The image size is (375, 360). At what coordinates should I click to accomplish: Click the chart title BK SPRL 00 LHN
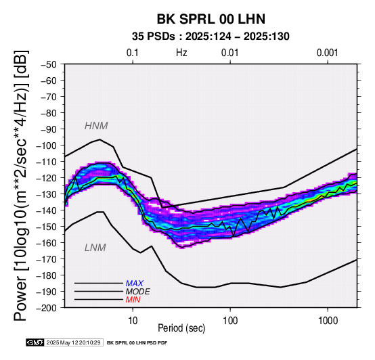[x=211, y=19]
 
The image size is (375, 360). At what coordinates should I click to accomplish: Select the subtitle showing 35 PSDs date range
[x=211, y=37]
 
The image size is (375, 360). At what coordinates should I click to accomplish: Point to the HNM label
[x=96, y=126]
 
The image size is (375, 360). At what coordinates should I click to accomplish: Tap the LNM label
[x=95, y=248]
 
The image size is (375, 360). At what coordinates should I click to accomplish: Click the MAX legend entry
[x=135, y=284]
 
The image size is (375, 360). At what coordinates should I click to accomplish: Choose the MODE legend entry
[x=138, y=292]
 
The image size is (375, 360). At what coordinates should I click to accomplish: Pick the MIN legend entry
[x=133, y=300]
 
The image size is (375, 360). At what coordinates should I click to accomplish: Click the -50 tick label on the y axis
[x=49, y=64]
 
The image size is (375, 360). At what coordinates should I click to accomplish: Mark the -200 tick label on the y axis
[x=47, y=308]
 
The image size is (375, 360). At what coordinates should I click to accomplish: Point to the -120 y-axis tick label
[x=47, y=178]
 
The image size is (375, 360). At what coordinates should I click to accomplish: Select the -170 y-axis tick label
[x=47, y=259]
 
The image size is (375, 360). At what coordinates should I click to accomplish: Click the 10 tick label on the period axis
[x=133, y=321]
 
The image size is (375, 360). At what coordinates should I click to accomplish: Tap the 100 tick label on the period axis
[x=230, y=321]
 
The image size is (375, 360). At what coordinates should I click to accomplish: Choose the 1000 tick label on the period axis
[x=328, y=321]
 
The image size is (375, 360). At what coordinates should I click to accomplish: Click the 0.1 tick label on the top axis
[x=133, y=53]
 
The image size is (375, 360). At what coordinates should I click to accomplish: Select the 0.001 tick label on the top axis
[x=328, y=53]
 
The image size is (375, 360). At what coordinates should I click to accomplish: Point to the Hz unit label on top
[x=181, y=53]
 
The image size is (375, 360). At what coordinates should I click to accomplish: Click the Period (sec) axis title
[x=181, y=328]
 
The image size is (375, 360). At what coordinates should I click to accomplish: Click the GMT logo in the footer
[x=35, y=342]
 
